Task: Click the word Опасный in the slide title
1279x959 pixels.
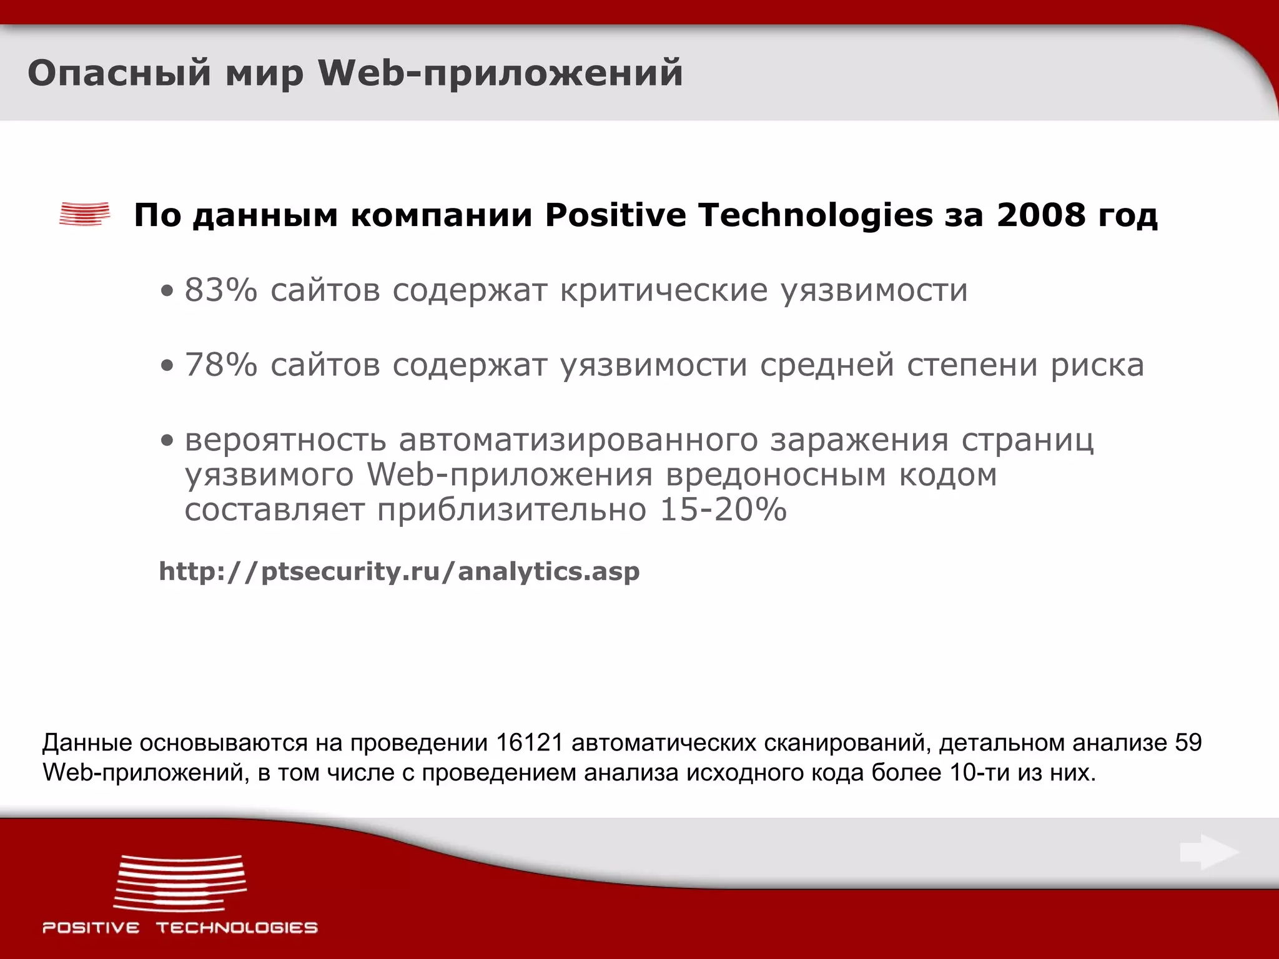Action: click(119, 73)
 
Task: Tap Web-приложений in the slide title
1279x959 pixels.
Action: click(500, 73)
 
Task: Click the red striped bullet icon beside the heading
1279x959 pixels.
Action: click(84, 214)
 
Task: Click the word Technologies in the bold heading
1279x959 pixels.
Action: click(815, 215)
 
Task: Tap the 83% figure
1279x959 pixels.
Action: click(220, 290)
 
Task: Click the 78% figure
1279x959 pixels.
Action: click(220, 365)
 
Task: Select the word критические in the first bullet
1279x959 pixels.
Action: click(663, 290)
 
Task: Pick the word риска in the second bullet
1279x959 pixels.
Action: click(1097, 365)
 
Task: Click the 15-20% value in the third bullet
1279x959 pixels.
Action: click(723, 509)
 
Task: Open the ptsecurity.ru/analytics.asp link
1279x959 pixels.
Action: click(399, 571)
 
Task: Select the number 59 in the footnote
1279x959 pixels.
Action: click(1188, 743)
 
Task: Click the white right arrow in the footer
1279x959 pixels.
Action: click(1209, 852)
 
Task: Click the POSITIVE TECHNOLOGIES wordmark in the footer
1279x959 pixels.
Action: click(180, 927)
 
